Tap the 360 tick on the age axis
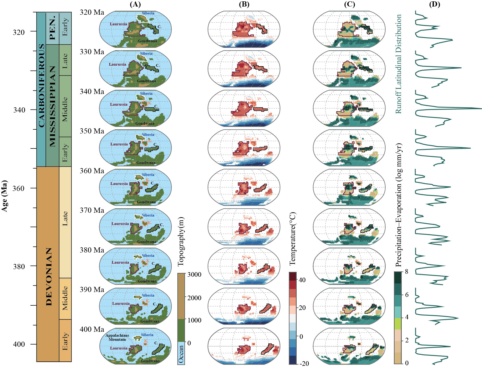click(19, 188)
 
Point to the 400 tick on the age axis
click(19, 344)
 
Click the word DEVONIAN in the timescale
click(49, 276)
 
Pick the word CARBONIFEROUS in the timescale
click(41, 86)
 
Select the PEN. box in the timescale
click(52, 28)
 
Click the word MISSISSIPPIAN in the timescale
click(52, 106)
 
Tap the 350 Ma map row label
click(92, 131)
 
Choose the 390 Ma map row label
click(92, 290)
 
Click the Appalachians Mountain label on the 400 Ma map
click(117, 337)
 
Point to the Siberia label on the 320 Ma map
click(148, 13)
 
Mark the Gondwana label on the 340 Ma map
click(145, 123)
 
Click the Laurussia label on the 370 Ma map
click(120, 224)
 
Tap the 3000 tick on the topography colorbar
click(194, 274)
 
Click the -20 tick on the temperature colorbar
click(304, 363)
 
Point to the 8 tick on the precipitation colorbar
click(407, 272)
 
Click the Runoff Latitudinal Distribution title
click(398, 64)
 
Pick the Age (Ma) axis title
click(4, 196)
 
